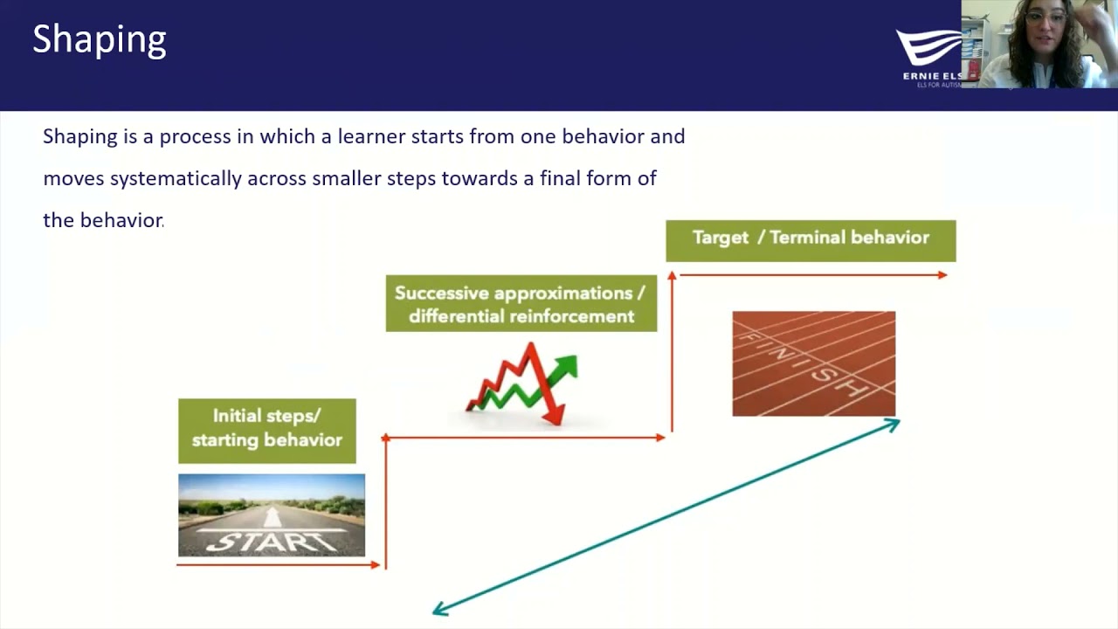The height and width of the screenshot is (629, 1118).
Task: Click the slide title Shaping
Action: (100, 40)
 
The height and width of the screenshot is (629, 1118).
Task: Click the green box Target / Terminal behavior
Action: (811, 240)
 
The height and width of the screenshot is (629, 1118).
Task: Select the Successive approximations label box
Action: (521, 303)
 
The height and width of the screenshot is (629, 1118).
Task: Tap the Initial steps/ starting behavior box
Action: (267, 431)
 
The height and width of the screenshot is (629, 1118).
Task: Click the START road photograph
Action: (272, 515)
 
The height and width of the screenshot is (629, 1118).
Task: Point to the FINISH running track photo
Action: (813, 363)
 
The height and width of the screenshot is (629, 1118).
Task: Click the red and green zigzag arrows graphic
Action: (521, 384)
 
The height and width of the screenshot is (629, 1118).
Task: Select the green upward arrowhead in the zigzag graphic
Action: (567, 366)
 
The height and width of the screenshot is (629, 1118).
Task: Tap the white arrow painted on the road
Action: (272, 517)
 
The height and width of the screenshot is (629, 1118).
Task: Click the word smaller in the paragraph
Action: (347, 178)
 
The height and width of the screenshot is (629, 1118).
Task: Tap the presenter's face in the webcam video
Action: (1046, 29)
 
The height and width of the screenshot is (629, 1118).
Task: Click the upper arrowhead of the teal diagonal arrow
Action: (893, 425)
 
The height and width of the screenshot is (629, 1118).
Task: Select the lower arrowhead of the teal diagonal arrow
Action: (439, 610)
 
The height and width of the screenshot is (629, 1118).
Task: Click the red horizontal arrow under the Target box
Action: (813, 275)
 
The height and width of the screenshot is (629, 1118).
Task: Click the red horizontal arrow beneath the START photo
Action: (278, 565)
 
